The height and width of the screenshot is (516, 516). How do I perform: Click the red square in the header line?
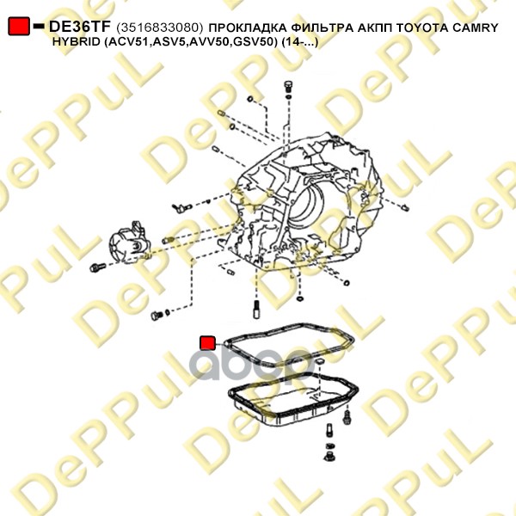coord(18,28)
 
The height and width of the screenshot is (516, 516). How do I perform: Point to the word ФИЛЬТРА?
coord(321,28)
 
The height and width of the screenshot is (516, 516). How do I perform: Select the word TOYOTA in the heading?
coord(429,28)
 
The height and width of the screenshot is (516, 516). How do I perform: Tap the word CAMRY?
coord(478,28)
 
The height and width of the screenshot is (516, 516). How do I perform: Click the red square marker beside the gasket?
coord(207,343)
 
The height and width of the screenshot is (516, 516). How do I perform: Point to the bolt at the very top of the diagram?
coord(287,86)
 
